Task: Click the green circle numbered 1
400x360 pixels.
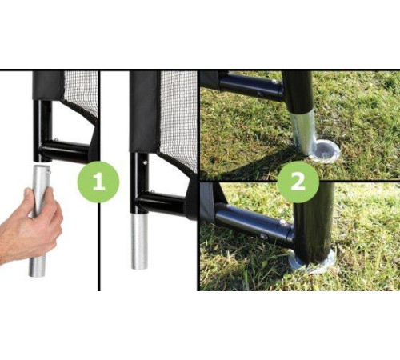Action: (98, 182)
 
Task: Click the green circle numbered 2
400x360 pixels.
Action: (298, 182)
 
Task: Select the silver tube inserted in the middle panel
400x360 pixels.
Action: (139, 241)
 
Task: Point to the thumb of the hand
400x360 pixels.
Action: (30, 202)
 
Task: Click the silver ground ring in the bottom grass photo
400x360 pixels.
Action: (312, 262)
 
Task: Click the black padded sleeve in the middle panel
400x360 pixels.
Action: (145, 111)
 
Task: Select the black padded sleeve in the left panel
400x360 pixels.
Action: (48, 86)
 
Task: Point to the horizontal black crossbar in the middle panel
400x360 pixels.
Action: (162, 203)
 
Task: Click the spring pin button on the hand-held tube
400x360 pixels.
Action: (49, 170)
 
